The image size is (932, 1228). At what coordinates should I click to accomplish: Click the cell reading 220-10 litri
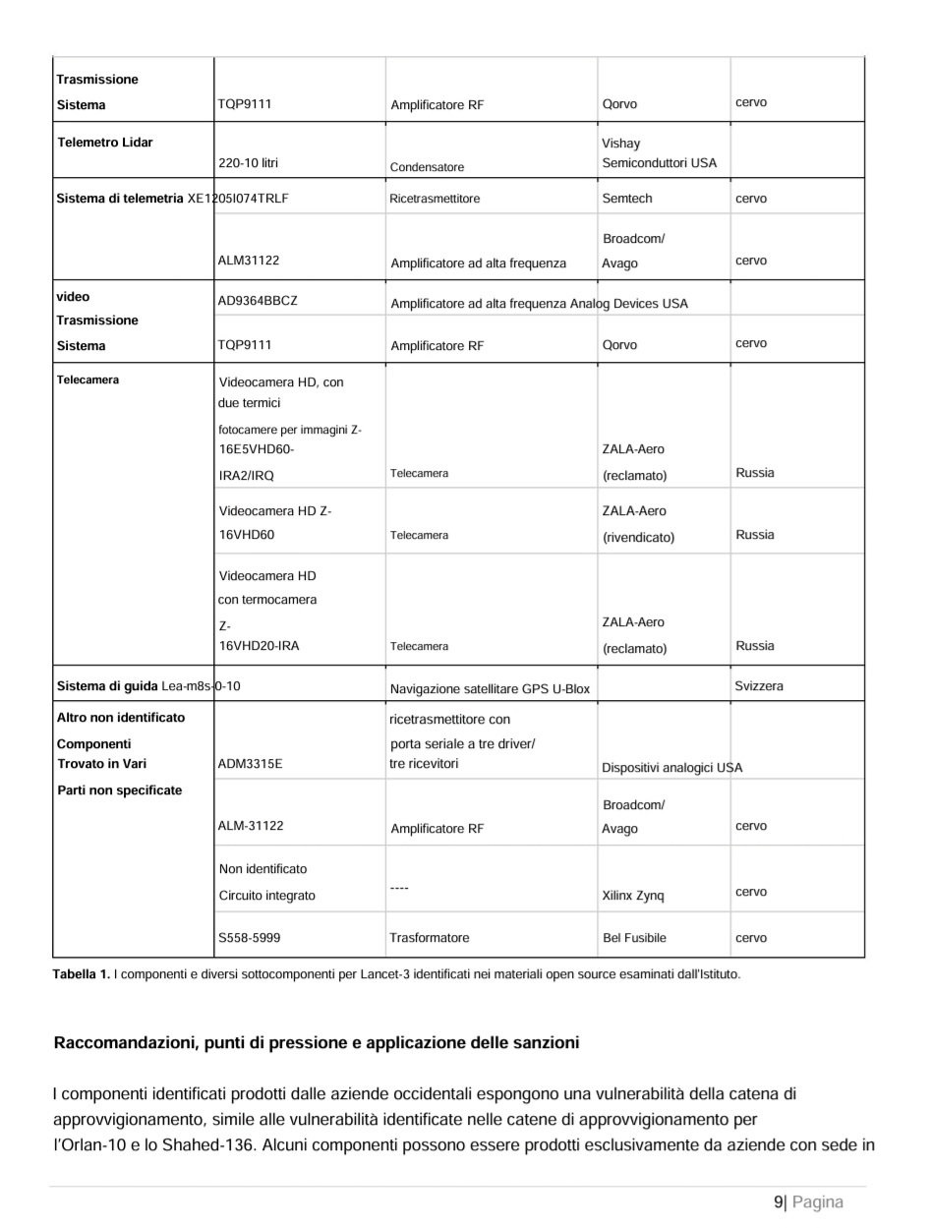point(248,163)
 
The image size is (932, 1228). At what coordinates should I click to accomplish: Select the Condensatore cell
point(427,167)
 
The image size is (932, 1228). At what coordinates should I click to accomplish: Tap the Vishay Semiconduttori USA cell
point(659,153)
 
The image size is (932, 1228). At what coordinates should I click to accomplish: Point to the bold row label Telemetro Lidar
point(105,143)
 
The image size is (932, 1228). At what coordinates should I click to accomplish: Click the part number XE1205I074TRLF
point(238,199)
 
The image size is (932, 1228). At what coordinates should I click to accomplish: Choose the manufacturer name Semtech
point(626,199)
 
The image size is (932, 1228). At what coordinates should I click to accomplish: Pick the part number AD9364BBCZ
point(258,301)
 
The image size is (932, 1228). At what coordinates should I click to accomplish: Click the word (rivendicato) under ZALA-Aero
point(638,538)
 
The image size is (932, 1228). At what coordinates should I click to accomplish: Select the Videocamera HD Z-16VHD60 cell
point(274,523)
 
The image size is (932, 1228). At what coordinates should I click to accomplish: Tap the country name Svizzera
point(759,686)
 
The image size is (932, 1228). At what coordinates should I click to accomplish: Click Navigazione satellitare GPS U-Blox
point(490,689)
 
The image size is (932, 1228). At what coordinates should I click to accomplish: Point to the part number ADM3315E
point(250,764)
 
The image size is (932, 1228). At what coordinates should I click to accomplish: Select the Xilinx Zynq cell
point(633,896)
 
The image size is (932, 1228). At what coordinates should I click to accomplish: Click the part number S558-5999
point(249,938)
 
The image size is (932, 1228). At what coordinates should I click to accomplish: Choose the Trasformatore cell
point(430,938)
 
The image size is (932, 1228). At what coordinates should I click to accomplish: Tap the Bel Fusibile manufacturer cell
point(634,938)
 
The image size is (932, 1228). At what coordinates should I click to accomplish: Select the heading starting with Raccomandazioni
point(316,1042)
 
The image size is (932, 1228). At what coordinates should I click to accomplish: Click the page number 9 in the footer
point(779,1201)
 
